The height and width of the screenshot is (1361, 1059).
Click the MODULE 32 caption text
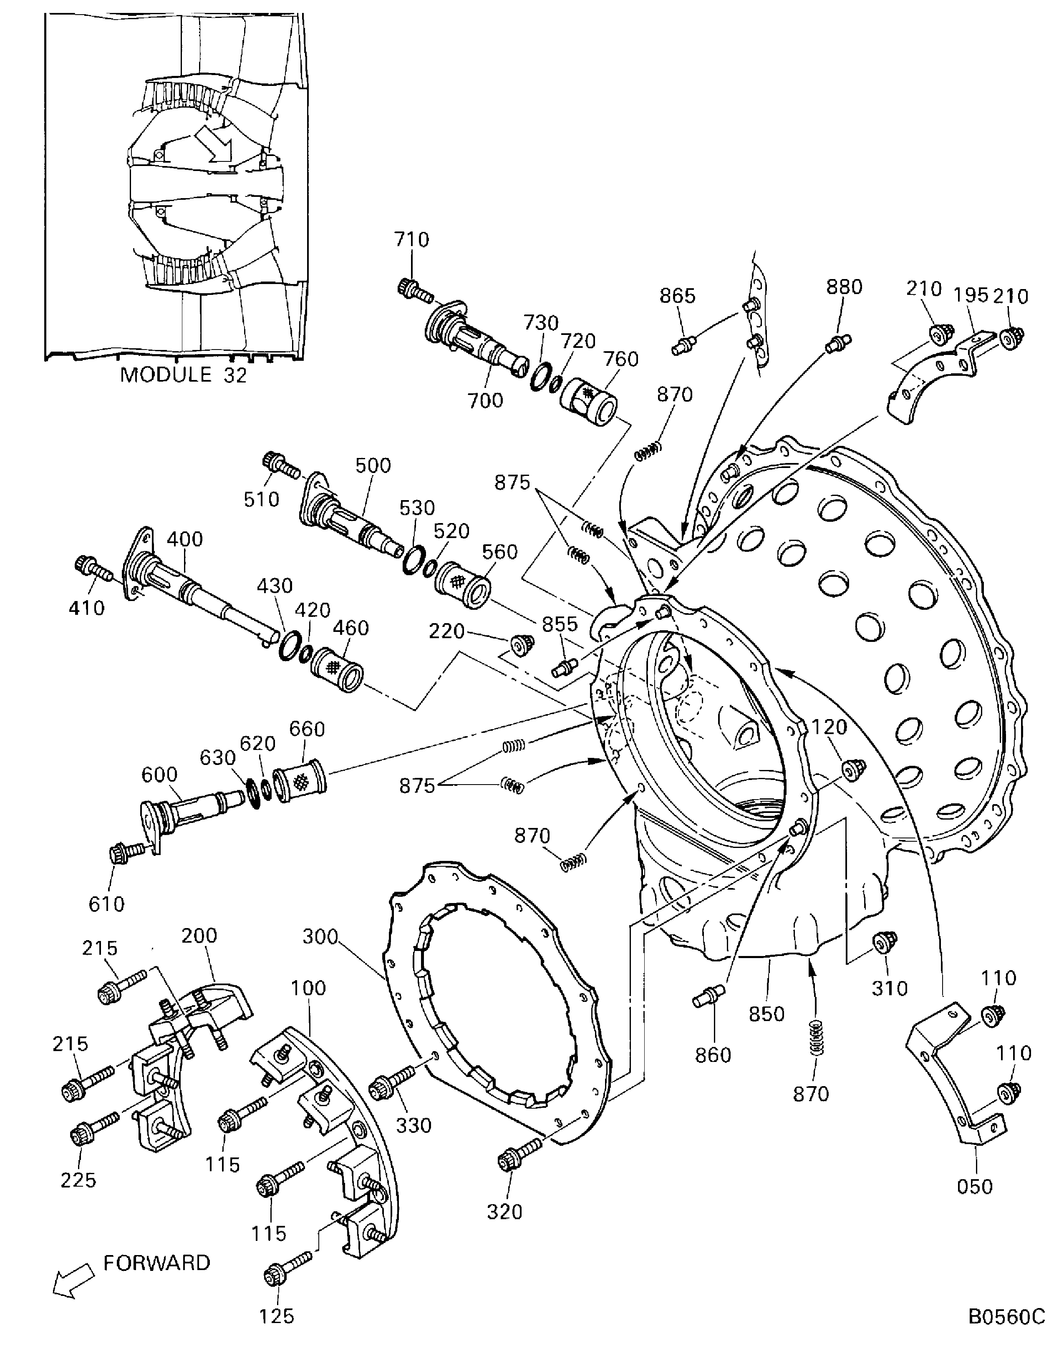click(x=183, y=375)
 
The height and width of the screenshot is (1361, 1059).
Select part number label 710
click(x=411, y=239)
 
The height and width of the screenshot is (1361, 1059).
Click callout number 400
click(x=185, y=538)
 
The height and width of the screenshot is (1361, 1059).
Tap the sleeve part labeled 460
click(x=337, y=669)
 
